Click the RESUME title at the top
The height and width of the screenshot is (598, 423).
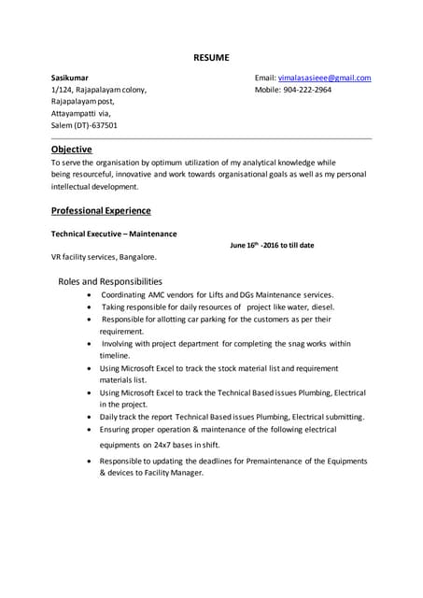point(211,57)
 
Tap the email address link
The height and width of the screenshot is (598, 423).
point(324,78)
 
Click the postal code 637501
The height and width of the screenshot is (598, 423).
point(101,125)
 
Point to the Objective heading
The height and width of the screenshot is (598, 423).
point(71,149)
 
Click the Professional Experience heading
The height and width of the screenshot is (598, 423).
point(101,211)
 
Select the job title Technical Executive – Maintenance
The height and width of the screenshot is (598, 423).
point(114,234)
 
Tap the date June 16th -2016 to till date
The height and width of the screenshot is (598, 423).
point(272,246)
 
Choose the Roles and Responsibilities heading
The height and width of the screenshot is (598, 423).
point(110,281)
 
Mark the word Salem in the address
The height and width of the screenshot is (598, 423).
point(63,125)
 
